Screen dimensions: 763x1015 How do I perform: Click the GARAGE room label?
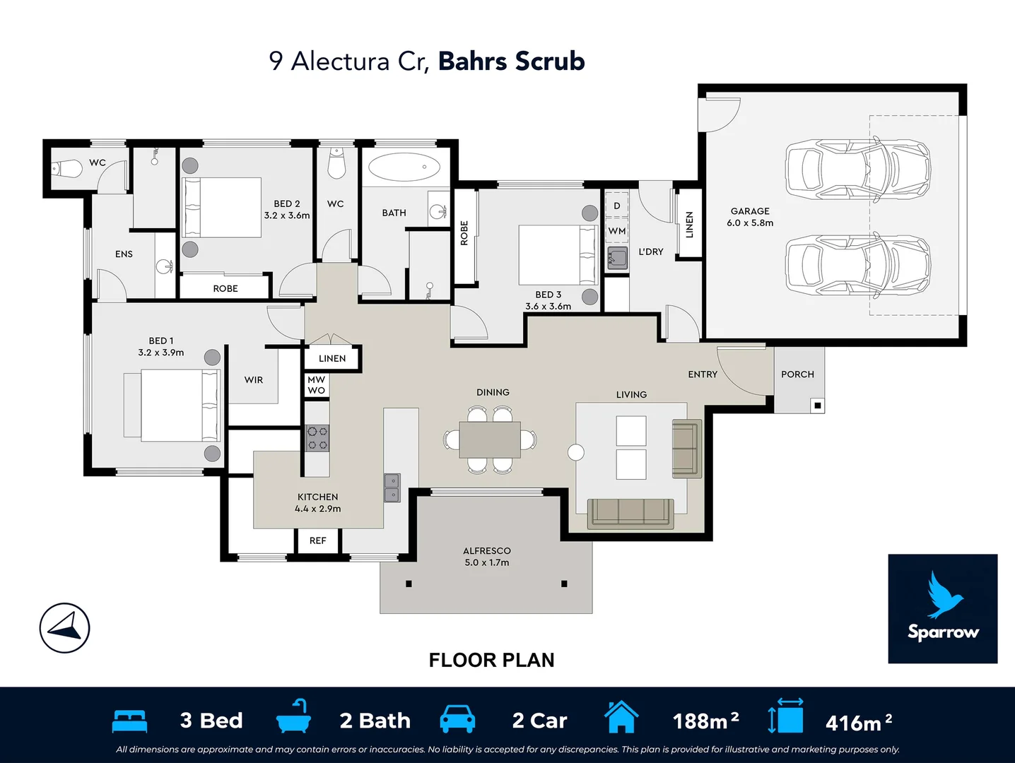click(750, 211)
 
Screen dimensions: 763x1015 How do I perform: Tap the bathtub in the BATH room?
click(404, 167)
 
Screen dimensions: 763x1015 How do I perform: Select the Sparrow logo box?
click(942, 608)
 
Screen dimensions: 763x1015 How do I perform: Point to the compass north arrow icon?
click(64, 627)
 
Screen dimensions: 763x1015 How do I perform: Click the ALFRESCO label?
click(486, 551)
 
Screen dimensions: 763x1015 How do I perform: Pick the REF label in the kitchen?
click(317, 540)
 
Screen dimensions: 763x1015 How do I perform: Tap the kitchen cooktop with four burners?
click(317, 437)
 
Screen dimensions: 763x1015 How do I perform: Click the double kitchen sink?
click(392, 487)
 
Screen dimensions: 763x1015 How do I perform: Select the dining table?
click(490, 439)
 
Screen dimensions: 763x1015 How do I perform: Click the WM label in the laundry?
click(616, 231)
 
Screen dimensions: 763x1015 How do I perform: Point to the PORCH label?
click(797, 374)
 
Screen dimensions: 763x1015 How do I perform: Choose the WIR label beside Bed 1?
click(254, 380)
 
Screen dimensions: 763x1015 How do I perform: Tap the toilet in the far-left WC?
click(66, 169)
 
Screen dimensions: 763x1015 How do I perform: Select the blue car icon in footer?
click(457, 719)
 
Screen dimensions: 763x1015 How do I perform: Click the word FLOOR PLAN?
click(491, 660)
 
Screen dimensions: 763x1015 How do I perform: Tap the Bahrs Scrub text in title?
click(511, 61)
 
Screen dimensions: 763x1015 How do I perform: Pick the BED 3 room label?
click(548, 295)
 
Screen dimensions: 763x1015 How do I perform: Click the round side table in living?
click(576, 452)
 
